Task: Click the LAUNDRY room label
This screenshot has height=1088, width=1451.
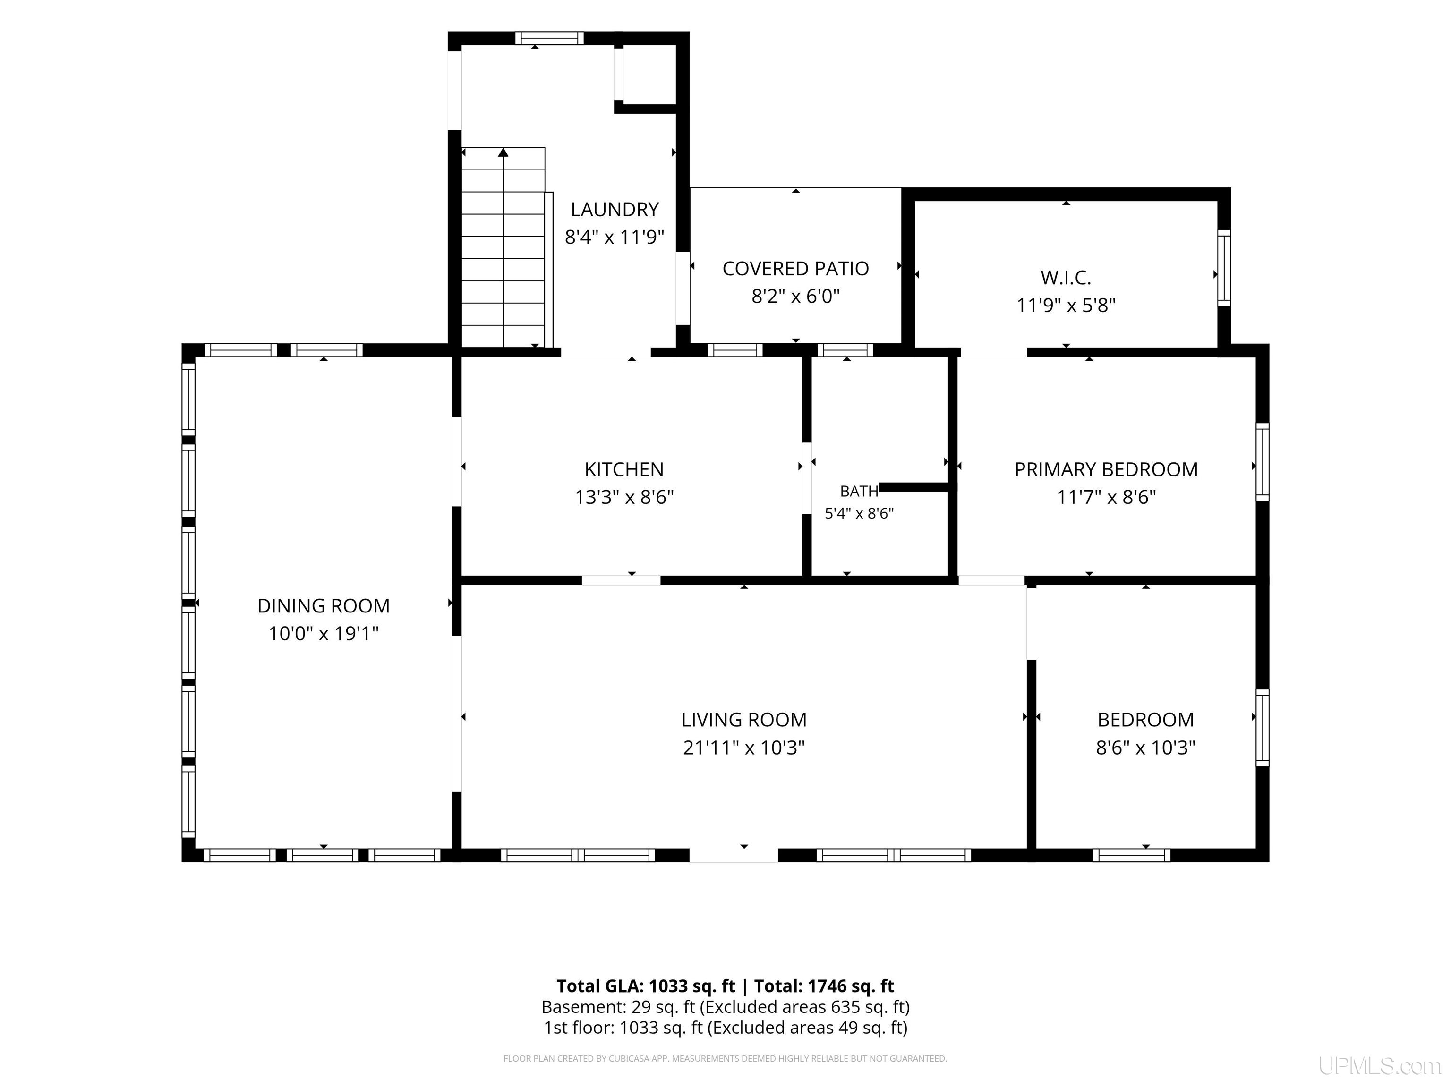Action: point(615,209)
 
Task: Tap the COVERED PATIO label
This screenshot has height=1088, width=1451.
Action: point(796,268)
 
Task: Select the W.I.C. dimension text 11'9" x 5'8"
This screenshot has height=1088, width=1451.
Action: point(1066,305)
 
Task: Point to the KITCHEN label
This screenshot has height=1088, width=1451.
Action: point(624,469)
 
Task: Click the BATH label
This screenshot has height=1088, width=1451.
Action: point(859,491)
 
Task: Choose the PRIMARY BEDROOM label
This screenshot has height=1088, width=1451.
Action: point(1106,469)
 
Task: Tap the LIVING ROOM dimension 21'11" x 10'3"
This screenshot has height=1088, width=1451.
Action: point(744,747)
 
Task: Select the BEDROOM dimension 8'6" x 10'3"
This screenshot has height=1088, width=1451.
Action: point(1145,747)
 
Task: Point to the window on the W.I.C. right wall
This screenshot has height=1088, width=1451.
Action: point(1224,268)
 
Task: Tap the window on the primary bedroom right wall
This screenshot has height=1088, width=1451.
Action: point(1263,462)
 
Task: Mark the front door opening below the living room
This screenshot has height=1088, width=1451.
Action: point(734,855)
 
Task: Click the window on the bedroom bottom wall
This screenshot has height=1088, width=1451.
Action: point(1132,855)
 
